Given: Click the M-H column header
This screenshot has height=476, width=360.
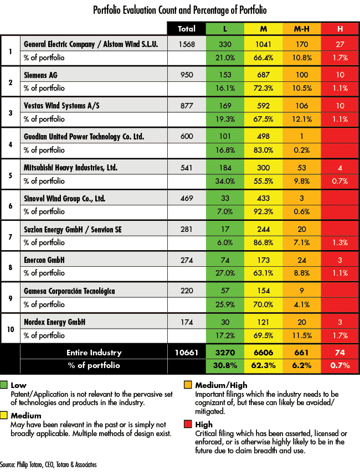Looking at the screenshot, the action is click(301, 29).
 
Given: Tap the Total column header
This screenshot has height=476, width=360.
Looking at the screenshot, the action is click(187, 29).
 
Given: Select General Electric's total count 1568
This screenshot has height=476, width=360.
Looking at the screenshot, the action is click(187, 44).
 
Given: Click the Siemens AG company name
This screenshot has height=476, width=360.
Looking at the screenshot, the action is click(40, 75).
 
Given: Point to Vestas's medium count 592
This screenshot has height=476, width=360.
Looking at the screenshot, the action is click(264, 106).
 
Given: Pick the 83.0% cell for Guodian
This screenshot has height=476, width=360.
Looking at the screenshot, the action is click(264, 150).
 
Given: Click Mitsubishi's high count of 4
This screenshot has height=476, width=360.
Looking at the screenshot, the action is click(340, 168).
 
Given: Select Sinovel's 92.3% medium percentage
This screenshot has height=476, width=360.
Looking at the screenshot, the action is click(264, 211).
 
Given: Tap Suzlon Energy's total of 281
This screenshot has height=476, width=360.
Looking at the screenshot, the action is click(187, 229).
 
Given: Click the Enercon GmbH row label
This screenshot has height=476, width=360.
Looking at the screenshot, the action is click(44, 260).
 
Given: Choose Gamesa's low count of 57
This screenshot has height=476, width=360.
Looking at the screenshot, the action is click(225, 291).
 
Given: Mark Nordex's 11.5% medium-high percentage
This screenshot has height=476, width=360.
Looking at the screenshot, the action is click(302, 335).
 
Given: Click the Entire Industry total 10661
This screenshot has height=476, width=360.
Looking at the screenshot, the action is click(187, 353).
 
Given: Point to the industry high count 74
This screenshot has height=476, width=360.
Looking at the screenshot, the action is click(340, 353).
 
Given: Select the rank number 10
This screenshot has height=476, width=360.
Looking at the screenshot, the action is click(11, 329).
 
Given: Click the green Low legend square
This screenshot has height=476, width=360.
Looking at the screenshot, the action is click(4, 385).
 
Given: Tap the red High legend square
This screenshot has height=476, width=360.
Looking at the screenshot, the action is click(188, 424).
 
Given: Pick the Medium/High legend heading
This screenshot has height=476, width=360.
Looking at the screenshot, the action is click(221, 385).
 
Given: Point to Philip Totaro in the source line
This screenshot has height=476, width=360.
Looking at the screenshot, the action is click(29, 465).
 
